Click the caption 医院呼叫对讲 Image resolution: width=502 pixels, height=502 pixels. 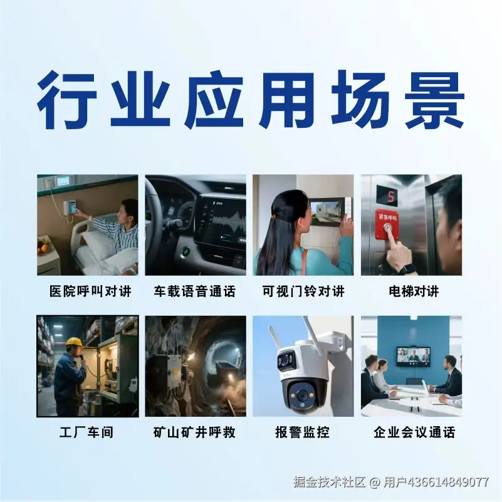91,291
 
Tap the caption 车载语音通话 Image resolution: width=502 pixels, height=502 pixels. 195,291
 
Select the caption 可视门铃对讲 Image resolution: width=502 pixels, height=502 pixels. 303,291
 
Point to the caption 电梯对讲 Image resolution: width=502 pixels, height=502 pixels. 414,291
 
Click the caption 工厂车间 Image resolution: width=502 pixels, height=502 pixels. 86,432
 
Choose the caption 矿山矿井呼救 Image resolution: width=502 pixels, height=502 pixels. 195,432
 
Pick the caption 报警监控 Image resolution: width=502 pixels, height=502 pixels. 302,432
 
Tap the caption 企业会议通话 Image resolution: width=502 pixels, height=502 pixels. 414,432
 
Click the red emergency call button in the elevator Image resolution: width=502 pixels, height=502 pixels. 388,225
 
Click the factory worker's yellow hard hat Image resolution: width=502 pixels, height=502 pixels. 75,342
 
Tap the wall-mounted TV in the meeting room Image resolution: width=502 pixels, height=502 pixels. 413,356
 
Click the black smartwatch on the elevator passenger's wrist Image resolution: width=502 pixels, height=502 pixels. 407,268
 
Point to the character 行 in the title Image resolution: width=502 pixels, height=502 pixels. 66,99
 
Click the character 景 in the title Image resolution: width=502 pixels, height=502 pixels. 434,99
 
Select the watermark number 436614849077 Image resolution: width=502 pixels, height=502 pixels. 448,482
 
